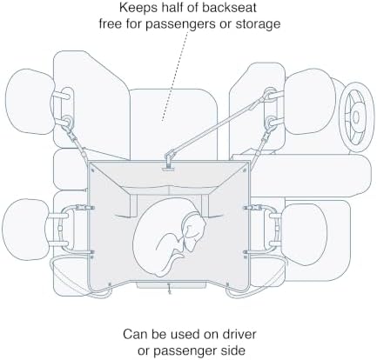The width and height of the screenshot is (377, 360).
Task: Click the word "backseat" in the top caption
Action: (229, 8)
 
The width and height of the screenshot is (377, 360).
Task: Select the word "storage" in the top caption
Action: (258, 23)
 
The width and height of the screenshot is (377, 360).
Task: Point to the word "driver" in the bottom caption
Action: (239, 335)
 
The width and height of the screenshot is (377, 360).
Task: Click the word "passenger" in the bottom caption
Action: (184, 351)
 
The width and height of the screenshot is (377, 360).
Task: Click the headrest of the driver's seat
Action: (310, 102)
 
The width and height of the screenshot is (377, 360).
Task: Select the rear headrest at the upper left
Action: (30, 102)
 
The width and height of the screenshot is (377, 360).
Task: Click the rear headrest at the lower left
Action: (27, 230)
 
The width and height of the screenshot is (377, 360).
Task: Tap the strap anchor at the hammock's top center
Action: (169, 162)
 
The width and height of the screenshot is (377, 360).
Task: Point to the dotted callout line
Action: (176, 75)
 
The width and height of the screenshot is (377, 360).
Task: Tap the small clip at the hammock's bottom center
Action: (169, 290)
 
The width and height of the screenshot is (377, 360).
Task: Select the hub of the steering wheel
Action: (356, 117)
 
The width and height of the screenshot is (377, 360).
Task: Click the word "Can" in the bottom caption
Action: (134, 335)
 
